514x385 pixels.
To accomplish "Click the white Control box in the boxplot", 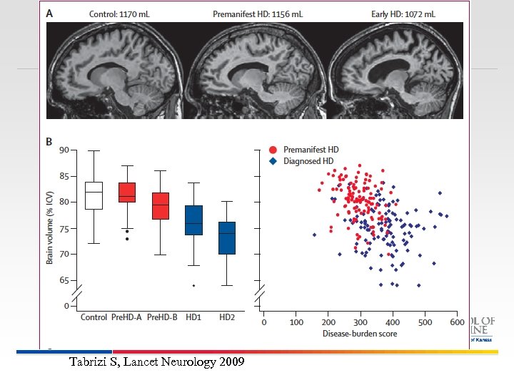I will tap(94, 195).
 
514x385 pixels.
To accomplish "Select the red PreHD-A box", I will tap(126, 192).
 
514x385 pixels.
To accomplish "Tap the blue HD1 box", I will tap(193, 220).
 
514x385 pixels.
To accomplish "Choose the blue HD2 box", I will tap(227, 237).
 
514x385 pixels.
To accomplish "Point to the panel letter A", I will tap(49, 13).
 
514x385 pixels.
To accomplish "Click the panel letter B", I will tap(49, 141).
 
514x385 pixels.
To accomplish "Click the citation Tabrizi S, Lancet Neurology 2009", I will tap(156, 362).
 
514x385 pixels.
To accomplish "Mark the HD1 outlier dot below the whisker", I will tap(193, 285).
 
